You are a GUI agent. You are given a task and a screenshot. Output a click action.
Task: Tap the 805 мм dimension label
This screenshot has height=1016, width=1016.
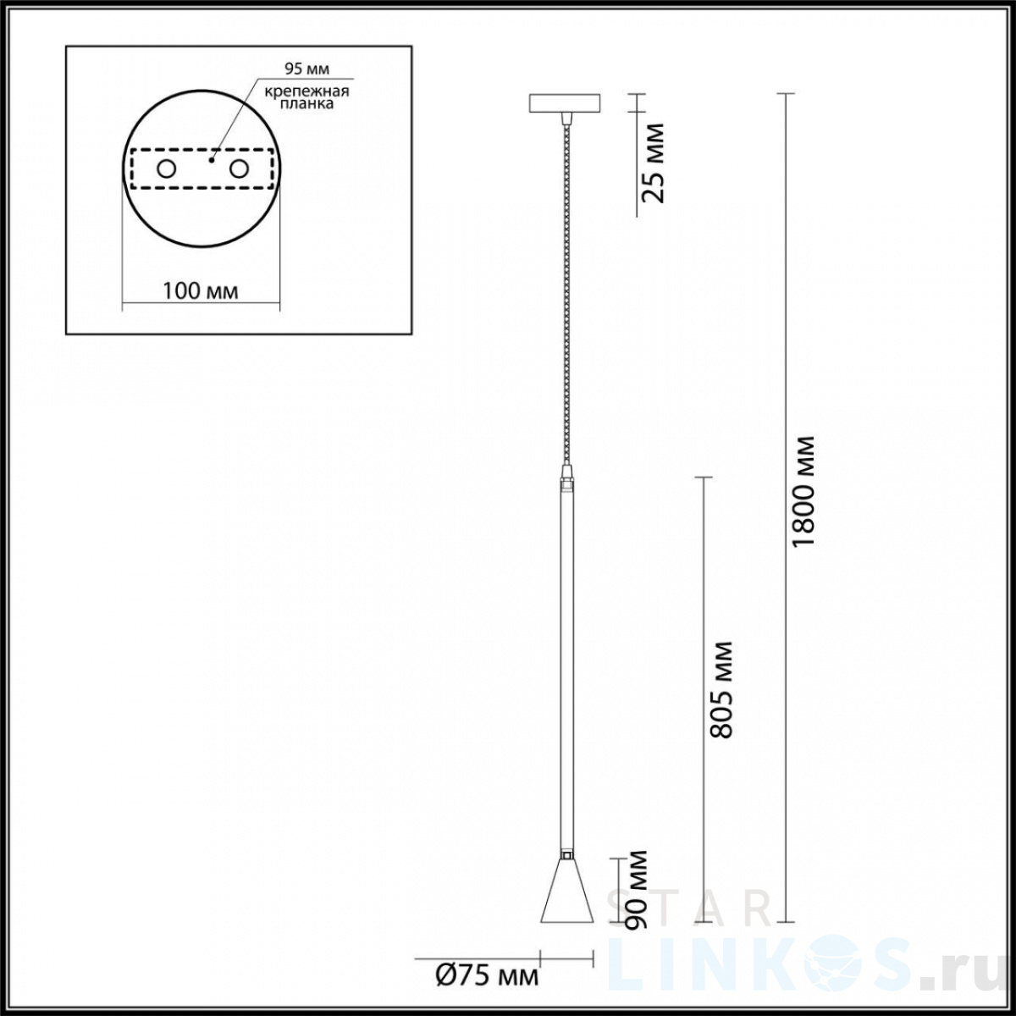(x=721, y=690)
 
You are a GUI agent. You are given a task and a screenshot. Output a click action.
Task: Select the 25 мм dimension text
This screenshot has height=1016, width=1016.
(x=654, y=163)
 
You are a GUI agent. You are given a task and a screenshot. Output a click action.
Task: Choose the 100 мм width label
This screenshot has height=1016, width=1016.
(x=201, y=290)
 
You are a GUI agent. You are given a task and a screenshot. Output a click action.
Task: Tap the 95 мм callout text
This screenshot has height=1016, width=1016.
(x=306, y=69)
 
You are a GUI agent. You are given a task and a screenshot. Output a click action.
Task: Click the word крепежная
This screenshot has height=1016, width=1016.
(x=306, y=91)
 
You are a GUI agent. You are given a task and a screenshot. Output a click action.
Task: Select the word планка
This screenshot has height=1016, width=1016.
(x=306, y=104)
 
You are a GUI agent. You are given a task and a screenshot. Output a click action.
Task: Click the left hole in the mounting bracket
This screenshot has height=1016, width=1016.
(x=166, y=169)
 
